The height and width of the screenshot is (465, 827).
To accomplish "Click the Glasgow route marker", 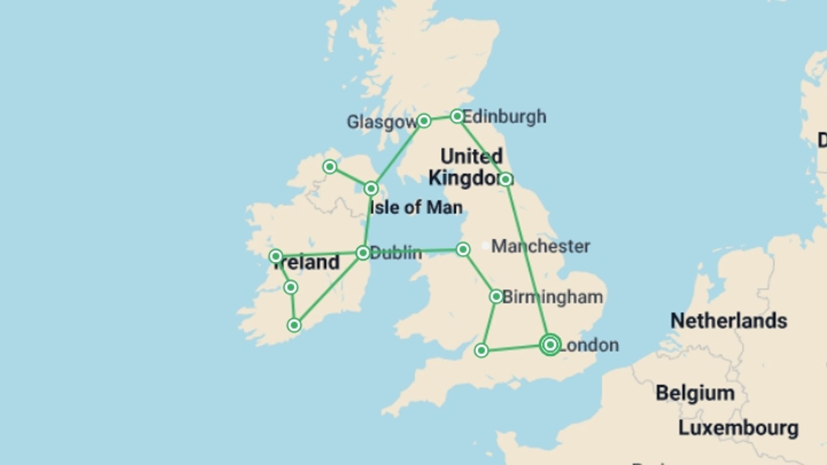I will point(424,121).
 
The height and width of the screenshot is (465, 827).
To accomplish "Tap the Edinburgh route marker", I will point(457,116).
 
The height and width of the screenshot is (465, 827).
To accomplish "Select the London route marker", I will point(550,345).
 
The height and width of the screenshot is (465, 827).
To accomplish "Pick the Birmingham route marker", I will point(496,297).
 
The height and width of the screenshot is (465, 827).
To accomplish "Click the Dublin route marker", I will point(363,253).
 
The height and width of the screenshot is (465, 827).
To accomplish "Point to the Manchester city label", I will point(541,246).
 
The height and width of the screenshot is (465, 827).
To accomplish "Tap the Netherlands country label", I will point(729,321).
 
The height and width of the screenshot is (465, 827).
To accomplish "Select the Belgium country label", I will point(695,393).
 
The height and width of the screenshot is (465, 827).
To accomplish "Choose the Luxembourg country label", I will point(738,428).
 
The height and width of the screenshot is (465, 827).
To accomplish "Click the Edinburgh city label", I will point(504,117).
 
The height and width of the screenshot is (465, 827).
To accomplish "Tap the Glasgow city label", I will point(382,122).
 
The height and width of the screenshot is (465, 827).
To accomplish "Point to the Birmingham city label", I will point(553,297).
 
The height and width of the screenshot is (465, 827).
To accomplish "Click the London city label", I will point(589,345).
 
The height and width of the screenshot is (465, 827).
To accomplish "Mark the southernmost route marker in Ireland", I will point(294,325).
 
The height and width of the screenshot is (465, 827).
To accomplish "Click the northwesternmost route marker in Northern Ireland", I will point(330,167).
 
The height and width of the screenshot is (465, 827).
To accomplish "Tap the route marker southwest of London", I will point(482,350).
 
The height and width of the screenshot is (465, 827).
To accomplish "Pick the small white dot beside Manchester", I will point(485,246).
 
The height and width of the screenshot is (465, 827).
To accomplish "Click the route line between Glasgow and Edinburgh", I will point(440,118).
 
